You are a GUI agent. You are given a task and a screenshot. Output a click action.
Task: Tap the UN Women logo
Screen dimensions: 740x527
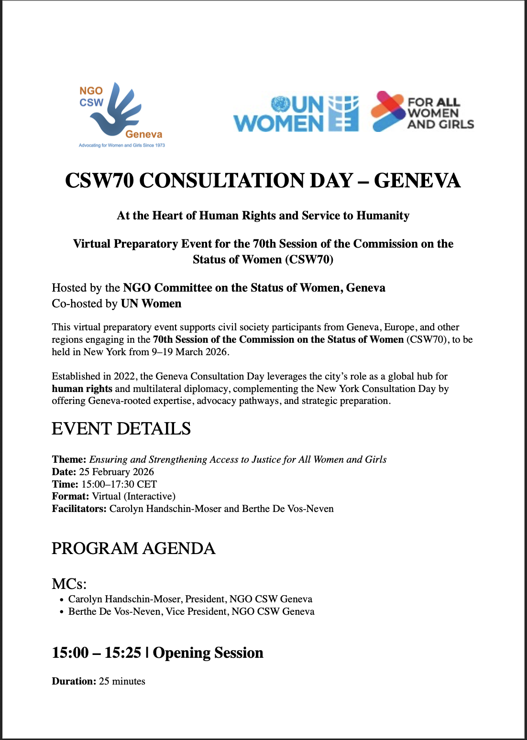tap(296, 114)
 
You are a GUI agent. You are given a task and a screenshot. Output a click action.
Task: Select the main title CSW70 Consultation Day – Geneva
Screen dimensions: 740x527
tap(263, 181)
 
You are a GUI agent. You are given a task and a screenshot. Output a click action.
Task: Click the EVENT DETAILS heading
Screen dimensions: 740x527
tap(121, 429)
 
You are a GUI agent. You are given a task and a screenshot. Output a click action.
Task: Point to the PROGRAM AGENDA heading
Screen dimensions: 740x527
tap(133, 548)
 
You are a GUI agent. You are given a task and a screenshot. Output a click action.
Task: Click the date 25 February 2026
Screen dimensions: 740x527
tap(116, 472)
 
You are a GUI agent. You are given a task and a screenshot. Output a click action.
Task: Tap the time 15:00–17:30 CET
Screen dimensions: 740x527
tap(119, 484)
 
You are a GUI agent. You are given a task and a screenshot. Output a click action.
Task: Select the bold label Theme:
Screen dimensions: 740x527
tap(69, 459)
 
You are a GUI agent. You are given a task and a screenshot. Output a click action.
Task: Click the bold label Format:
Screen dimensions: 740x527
tap(70, 496)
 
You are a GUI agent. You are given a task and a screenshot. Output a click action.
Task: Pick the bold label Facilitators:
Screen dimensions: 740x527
tap(79, 509)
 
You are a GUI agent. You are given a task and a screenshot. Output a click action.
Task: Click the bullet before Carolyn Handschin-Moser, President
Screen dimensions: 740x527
tap(62, 600)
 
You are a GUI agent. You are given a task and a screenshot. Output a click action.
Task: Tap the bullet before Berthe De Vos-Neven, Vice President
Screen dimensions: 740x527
tap(62, 612)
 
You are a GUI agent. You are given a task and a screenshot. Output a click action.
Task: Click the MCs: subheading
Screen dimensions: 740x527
tap(69, 584)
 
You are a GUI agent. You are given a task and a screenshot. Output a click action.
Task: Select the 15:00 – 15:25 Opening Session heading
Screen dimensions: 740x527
tap(157, 653)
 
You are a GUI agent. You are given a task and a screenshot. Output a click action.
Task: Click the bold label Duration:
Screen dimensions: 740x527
tap(74, 681)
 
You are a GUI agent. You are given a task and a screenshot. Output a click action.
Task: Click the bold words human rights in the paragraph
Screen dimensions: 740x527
tap(82, 389)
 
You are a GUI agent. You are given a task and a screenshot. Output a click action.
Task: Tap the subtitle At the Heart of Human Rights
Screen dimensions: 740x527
tap(263, 216)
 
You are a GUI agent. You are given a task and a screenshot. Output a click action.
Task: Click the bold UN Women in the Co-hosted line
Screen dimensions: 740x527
tap(151, 304)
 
